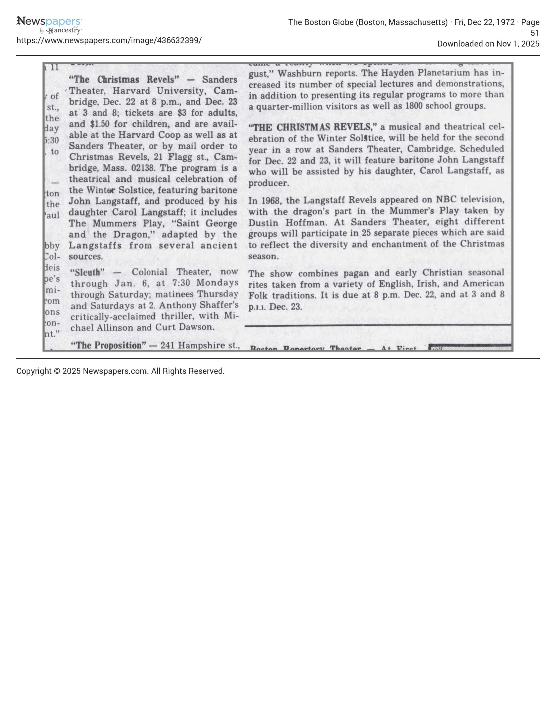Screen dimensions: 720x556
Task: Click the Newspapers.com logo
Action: pos(49,25)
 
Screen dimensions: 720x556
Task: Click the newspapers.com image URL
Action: pos(109,40)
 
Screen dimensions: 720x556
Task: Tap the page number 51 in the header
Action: pos(534,33)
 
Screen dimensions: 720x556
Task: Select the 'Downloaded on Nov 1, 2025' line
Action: pos(488,44)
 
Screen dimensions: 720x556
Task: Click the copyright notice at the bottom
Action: pos(120,371)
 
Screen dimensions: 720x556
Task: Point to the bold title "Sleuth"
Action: pos(87,272)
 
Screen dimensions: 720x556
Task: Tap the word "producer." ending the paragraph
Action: pos(269,183)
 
